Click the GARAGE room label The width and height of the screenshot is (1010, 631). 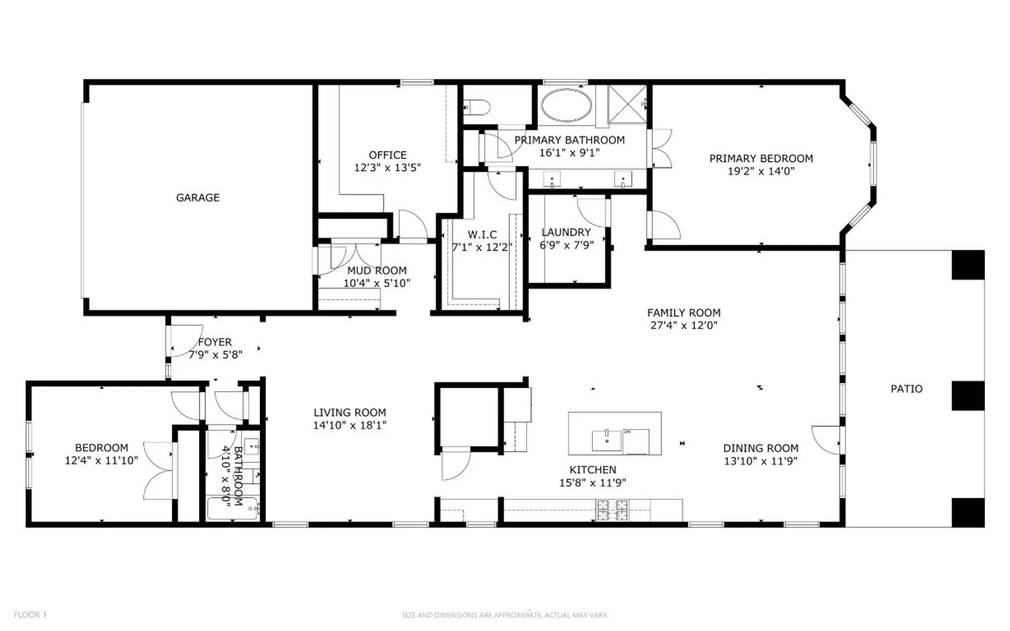pos(197,197)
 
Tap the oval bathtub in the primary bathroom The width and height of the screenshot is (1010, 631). pos(566,106)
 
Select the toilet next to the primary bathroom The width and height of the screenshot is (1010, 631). pos(477,107)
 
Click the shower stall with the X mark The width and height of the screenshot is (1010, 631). pos(627,104)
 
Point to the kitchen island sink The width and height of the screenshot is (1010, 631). pos(607,440)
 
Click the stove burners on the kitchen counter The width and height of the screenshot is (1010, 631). pos(612,510)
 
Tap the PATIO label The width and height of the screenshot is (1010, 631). pos(906,389)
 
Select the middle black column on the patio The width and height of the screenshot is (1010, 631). pos(968,396)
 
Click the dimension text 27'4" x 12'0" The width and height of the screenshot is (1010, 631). pos(684,326)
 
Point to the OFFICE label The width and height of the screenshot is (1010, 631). pos(387,155)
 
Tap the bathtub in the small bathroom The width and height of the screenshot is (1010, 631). pos(233,509)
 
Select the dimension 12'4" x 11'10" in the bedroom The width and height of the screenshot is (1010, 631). pos(101,460)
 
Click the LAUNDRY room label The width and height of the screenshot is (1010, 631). pos(566,232)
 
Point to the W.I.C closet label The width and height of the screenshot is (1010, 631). pos(482,235)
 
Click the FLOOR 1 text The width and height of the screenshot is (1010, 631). pos(30,614)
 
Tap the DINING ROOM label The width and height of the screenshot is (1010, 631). pos(761,448)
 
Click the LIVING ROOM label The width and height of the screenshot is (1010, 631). pos(349,412)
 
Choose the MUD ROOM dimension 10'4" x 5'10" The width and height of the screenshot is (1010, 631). pos(377,283)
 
